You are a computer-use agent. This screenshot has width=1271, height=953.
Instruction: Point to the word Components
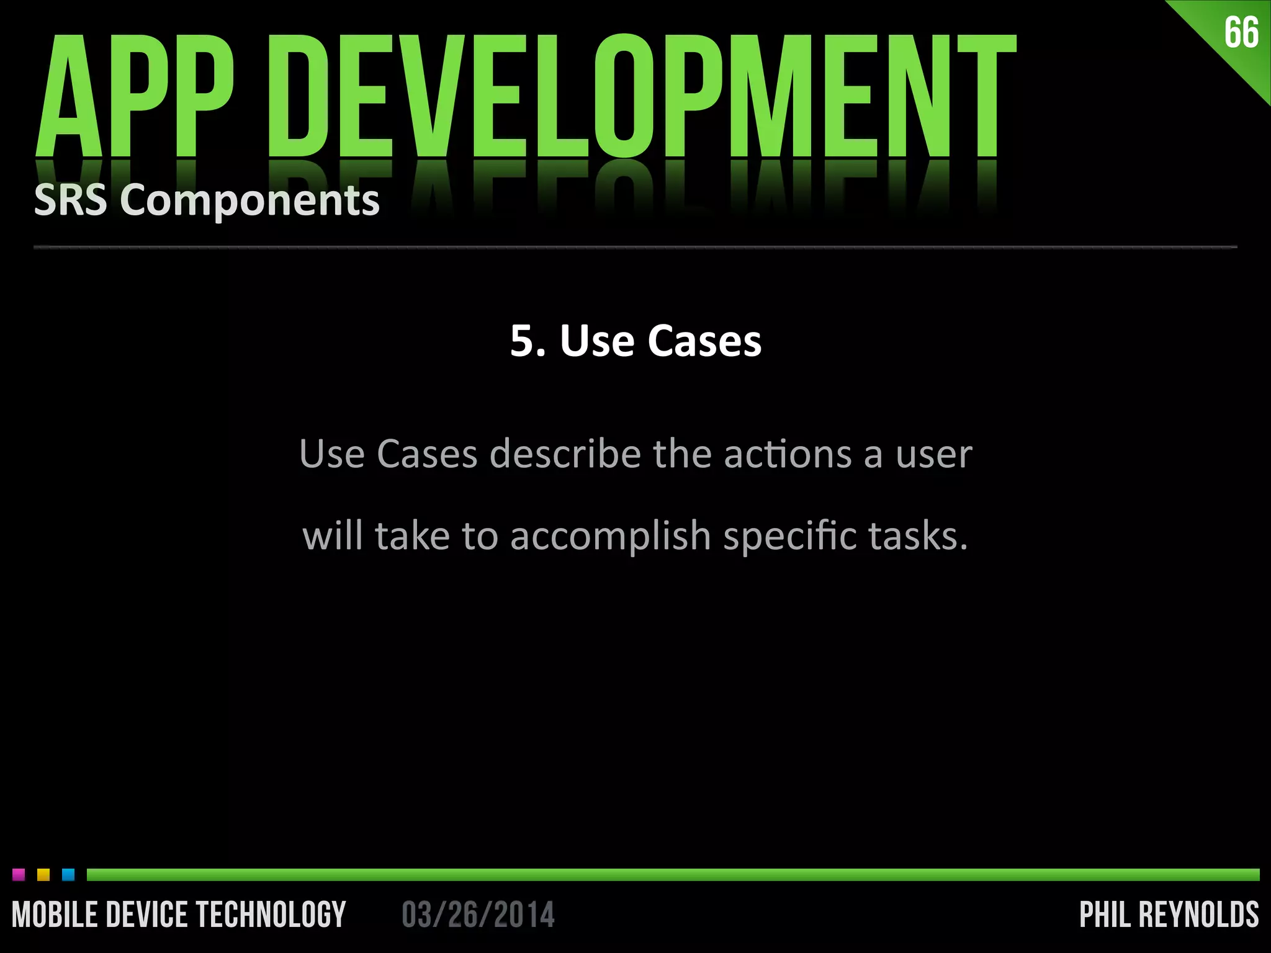pyautogui.click(x=249, y=202)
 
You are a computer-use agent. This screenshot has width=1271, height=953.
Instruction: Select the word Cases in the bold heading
pyautogui.click(x=704, y=341)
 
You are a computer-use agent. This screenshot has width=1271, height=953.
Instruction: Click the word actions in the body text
pyautogui.click(x=788, y=454)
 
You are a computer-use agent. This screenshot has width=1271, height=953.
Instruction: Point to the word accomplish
pyautogui.click(x=610, y=536)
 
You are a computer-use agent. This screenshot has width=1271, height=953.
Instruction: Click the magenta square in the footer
pyautogui.click(x=19, y=875)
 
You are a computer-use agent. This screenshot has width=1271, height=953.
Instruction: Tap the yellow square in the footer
pyautogui.click(x=43, y=875)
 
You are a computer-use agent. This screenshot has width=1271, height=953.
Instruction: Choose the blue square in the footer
pyautogui.click(x=68, y=875)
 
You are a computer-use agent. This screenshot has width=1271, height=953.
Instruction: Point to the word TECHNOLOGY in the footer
pyautogui.click(x=271, y=915)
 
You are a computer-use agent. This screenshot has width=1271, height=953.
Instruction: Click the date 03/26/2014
pyautogui.click(x=478, y=915)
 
